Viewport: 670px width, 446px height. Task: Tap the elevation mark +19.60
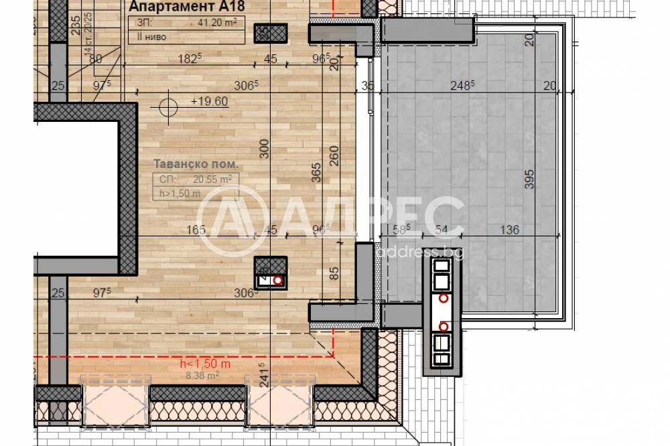click(210, 102)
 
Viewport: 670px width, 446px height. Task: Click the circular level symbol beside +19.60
click(169, 104)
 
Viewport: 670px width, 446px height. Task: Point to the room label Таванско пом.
click(196, 164)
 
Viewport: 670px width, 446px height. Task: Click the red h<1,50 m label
click(206, 364)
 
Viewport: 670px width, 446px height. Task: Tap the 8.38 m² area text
click(204, 376)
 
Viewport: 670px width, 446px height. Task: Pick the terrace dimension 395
click(529, 180)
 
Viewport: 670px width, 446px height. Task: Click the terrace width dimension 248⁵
click(462, 85)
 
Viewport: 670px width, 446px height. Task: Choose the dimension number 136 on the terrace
click(509, 230)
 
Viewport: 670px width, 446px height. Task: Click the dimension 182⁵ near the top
click(190, 59)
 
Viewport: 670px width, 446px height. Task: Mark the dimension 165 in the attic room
click(196, 230)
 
